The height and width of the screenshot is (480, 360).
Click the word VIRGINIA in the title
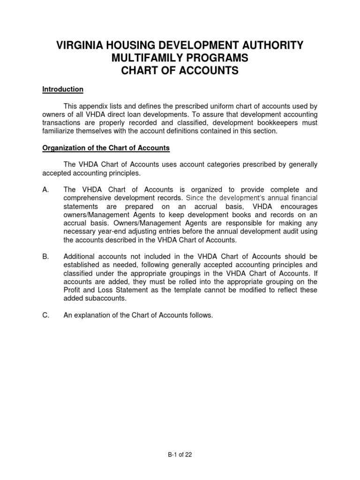click(x=79, y=45)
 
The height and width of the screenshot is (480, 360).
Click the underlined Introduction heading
click(x=63, y=89)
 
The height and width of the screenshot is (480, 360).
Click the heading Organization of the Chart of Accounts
click(x=106, y=148)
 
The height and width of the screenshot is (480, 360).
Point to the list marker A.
click(x=45, y=190)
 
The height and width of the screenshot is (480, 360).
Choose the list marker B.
click(x=45, y=256)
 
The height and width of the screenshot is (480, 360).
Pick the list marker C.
click(x=45, y=315)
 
